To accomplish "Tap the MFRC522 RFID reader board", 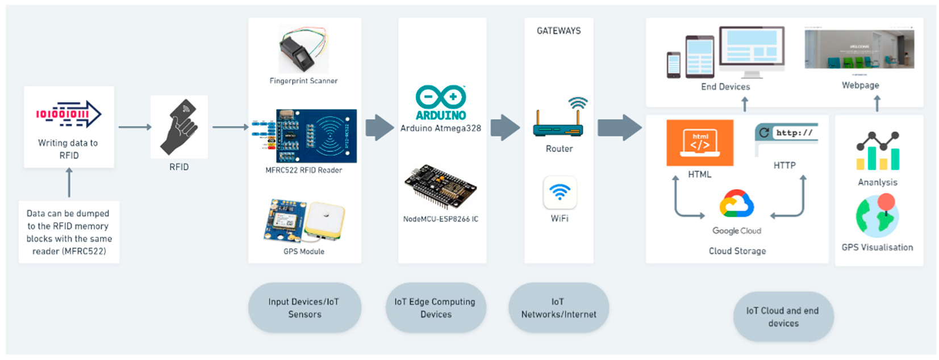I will [316, 136].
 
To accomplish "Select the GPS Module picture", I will [304, 221].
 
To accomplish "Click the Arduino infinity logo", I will [440, 98].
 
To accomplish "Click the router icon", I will [559, 122].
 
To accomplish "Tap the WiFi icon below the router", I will [560, 192].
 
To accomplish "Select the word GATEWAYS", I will [558, 31].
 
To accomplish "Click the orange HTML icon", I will [699, 143].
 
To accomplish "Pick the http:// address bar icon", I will [786, 133].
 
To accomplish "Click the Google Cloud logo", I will [737, 204].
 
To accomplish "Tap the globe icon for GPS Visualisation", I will [877, 216].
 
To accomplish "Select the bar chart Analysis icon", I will [878, 152].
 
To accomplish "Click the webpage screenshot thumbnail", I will [859, 49].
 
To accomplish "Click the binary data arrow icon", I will [69, 114].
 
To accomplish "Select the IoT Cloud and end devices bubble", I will [783, 317].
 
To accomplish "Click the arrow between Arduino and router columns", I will [504, 127].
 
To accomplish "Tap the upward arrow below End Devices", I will [745, 104].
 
